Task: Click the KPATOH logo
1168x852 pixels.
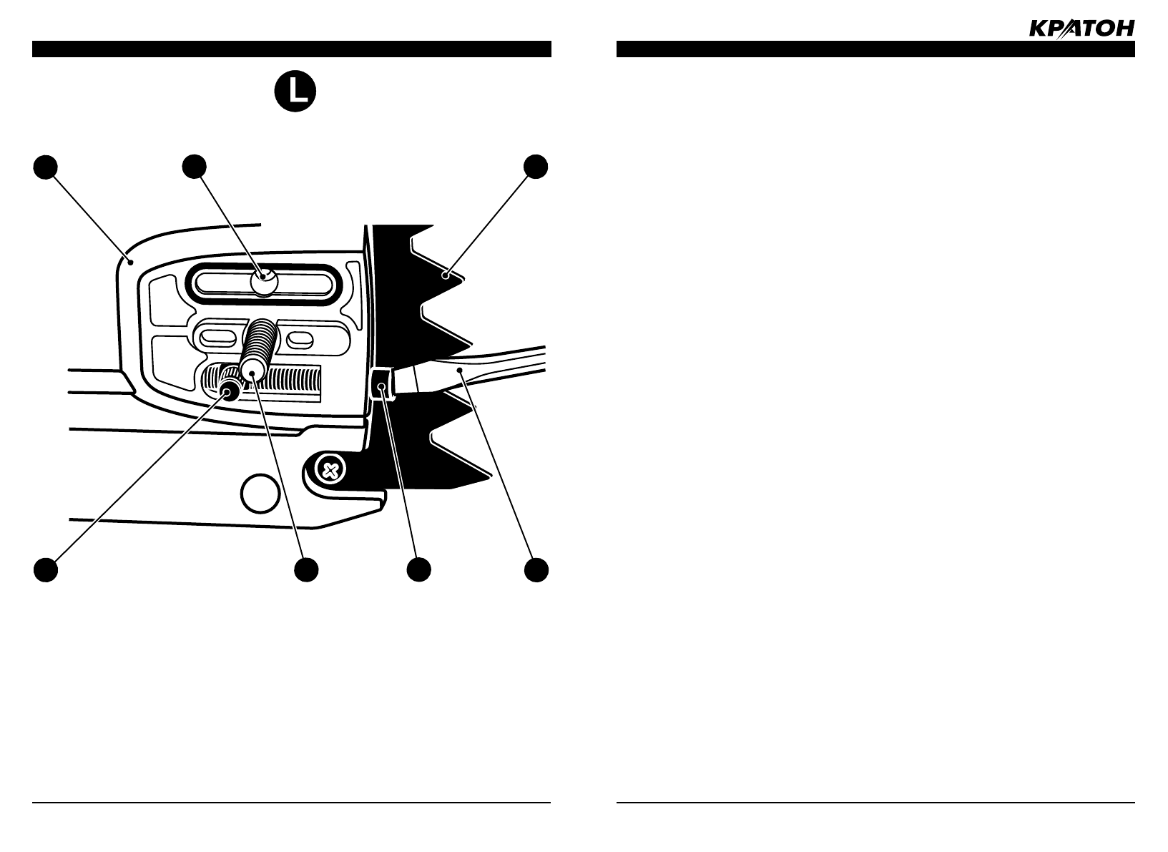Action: click(1081, 29)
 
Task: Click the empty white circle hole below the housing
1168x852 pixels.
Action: click(259, 494)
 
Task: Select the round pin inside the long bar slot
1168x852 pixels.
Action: click(264, 282)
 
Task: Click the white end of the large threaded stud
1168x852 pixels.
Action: click(251, 370)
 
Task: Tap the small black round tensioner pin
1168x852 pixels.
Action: click(230, 390)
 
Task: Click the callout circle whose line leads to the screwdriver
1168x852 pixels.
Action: click(536, 570)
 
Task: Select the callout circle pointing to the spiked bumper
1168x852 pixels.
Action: click(536, 166)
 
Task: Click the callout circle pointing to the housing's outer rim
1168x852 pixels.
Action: click(45, 166)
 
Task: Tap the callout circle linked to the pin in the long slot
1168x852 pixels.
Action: click(194, 166)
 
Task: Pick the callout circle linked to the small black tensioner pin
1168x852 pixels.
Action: click(45, 570)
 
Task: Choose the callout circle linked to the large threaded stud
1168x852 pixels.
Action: click(306, 570)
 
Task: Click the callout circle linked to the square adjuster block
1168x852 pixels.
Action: click(418, 570)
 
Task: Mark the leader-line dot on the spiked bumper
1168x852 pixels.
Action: click(445, 275)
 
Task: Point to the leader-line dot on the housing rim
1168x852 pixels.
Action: click(130, 263)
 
